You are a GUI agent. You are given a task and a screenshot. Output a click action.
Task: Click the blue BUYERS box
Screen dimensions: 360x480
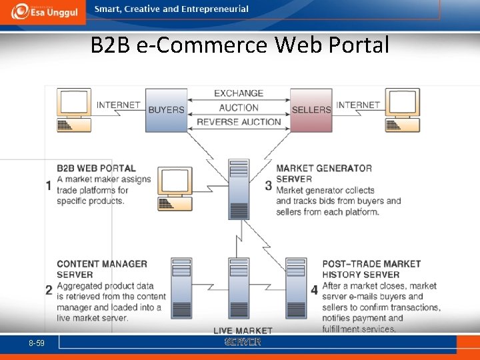point(166,109)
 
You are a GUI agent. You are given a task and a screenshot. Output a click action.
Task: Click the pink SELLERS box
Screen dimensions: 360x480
point(311,109)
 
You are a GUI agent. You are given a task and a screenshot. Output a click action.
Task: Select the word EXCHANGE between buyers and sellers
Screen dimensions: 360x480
point(239,93)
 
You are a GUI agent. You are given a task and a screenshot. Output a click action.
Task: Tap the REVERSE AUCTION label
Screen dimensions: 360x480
point(239,122)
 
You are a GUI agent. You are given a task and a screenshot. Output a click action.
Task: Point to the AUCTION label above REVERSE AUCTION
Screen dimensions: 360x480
point(239,107)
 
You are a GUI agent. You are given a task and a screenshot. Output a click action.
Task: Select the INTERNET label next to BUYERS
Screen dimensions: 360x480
point(119,105)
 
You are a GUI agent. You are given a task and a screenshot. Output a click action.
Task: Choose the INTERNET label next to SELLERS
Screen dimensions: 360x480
point(358,105)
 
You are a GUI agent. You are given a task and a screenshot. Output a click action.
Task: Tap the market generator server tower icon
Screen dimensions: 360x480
point(239,189)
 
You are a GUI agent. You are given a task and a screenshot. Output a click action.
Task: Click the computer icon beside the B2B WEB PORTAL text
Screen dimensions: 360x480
point(173,191)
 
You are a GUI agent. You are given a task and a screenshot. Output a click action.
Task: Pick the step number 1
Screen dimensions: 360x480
point(49,185)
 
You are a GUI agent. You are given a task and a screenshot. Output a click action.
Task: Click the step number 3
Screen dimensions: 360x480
point(268,185)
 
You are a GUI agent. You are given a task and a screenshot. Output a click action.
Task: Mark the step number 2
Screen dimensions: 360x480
point(49,290)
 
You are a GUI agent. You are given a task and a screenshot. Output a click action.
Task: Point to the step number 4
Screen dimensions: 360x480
point(314,290)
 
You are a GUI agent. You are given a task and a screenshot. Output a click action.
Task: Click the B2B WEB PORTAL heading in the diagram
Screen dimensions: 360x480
point(96,169)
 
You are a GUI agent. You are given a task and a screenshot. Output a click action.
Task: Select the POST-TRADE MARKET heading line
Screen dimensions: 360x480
point(371,264)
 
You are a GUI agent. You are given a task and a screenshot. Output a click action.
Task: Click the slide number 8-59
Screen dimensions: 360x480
point(37,343)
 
